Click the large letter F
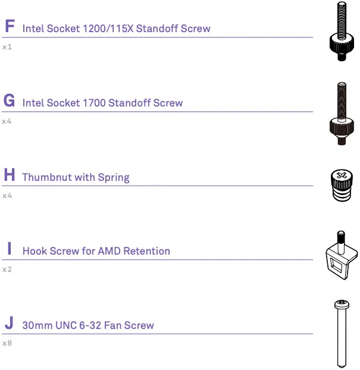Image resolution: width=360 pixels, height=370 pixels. tap(9, 27)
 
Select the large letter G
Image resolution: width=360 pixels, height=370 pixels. tap(9, 101)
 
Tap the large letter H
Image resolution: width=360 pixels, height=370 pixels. tap(9, 175)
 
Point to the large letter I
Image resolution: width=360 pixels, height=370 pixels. tap(9, 249)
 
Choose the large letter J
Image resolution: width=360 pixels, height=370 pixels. tap(8, 324)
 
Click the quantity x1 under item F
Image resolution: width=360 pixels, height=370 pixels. tap(7, 46)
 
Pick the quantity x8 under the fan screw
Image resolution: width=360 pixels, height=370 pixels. tap(7, 343)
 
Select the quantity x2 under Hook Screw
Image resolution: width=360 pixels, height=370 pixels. tap(7, 269)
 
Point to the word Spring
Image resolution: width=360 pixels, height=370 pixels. tap(114, 178)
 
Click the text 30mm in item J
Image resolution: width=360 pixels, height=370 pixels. tap(36, 325)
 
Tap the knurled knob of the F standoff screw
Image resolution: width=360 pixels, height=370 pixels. tap(342, 45)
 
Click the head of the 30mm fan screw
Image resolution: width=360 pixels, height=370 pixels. tap(342, 306)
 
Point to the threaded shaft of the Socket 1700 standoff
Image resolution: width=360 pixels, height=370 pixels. tap(342, 98)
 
